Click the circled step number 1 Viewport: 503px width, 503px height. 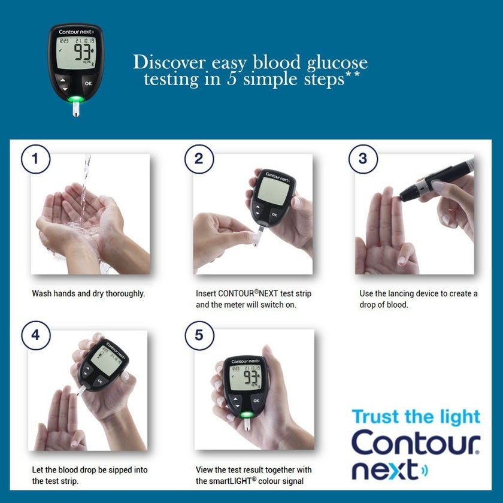35,159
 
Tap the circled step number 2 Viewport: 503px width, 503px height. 199,159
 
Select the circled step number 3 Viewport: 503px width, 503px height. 363,159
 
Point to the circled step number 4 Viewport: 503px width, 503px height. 35,335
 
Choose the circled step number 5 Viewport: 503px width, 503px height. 199,335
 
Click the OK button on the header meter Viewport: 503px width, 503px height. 88,83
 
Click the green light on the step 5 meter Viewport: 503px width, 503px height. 246,415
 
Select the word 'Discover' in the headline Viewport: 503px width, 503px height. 168,62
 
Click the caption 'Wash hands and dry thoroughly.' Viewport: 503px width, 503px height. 89,294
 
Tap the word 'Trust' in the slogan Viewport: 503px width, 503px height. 374,417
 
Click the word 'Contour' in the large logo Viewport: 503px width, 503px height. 415,443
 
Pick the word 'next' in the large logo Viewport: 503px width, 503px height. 384,470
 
